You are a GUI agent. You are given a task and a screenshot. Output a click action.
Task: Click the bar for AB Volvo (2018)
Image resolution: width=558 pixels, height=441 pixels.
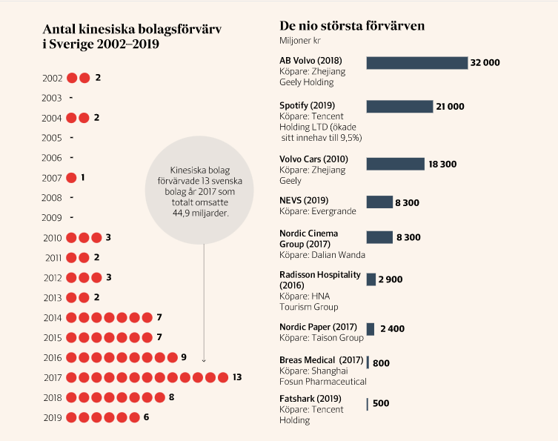coord(416,63)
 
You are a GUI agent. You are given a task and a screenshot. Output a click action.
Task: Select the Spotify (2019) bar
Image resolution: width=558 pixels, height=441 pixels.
coord(399,107)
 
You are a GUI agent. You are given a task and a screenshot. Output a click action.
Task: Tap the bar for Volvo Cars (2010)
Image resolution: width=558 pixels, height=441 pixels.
coord(395,164)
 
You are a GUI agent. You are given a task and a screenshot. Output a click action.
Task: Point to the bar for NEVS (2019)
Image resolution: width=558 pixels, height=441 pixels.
coord(379,202)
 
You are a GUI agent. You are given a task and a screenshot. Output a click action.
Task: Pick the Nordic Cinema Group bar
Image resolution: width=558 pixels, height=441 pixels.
coord(379,237)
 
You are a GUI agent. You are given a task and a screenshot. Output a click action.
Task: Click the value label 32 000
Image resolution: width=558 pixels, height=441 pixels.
coord(485,63)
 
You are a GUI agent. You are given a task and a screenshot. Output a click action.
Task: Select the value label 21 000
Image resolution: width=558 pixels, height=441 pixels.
coord(451,107)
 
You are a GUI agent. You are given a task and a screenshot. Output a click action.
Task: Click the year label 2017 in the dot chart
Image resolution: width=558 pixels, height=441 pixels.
coord(53,377)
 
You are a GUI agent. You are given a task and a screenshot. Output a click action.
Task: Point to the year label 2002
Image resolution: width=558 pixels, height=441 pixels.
coord(53,78)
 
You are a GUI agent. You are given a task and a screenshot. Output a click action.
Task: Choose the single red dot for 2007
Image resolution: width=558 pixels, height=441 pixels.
coord(72,178)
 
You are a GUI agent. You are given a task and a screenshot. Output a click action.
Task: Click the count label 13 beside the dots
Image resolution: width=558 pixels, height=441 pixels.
coord(237,377)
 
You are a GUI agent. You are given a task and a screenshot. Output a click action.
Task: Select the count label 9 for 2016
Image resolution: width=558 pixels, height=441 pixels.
coord(184,357)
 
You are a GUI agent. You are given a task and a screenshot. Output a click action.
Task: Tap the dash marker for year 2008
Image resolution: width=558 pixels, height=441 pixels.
coord(71,198)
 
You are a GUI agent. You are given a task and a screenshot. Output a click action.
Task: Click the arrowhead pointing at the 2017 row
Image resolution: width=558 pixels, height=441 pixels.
coord(204,360)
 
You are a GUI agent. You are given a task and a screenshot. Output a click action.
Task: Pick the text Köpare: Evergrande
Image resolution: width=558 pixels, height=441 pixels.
coord(317,210)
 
